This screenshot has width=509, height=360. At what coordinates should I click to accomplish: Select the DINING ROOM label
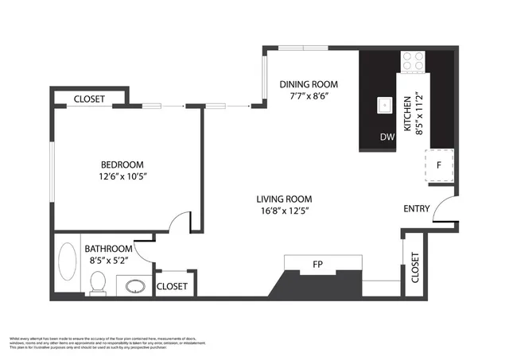click(309, 84)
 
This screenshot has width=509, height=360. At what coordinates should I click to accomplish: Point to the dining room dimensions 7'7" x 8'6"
click(309, 96)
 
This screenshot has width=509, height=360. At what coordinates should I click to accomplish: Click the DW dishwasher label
click(387, 137)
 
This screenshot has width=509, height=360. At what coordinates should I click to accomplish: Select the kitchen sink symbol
click(385, 104)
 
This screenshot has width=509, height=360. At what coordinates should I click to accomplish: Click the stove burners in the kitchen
click(413, 60)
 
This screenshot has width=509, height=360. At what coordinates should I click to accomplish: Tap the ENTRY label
click(417, 209)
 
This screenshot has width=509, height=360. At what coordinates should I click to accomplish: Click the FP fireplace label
click(317, 264)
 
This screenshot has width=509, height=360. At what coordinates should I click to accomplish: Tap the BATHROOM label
click(110, 248)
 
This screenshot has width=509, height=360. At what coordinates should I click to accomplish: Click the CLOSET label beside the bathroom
click(172, 286)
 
